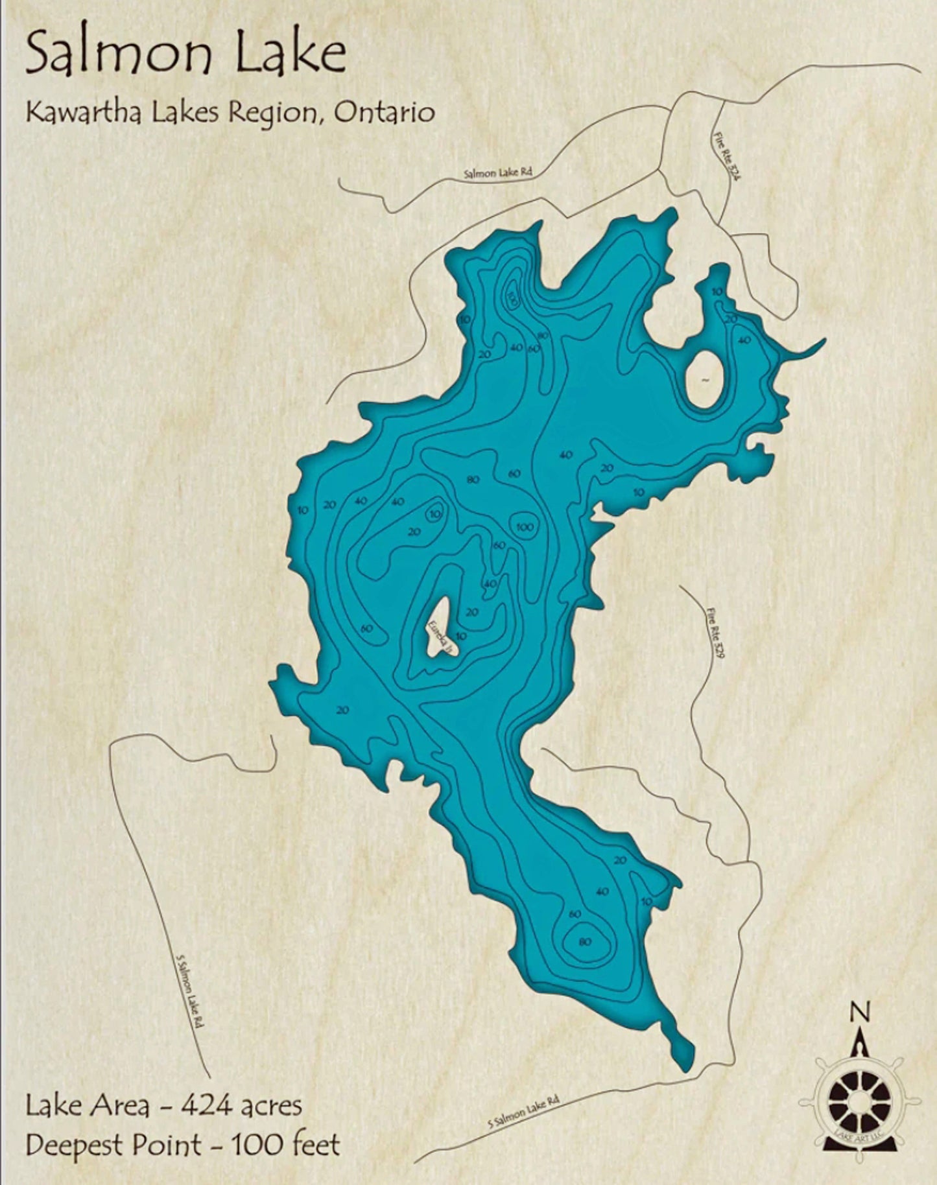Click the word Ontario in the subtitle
pos(383,113)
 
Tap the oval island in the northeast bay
pos(704,379)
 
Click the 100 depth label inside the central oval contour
pos(525,527)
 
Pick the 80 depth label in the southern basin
pos(584,942)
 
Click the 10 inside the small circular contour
pos(434,515)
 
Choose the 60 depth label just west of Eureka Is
pos(366,629)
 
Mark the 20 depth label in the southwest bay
pos(342,710)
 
